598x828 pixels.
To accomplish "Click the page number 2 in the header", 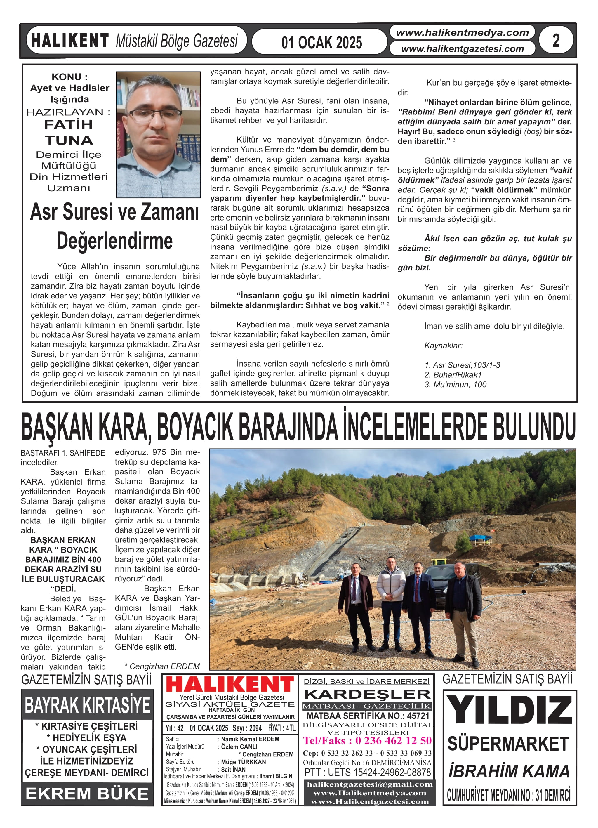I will click(x=556, y=40).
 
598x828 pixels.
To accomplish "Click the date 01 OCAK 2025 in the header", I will click(x=321, y=43).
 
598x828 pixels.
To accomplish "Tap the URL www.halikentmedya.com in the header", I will click(x=462, y=32).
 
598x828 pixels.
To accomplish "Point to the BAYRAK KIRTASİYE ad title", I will click(x=87, y=705).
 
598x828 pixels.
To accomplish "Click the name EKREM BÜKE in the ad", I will click(x=87, y=794).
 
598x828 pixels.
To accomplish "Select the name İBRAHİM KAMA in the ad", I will click(x=509, y=771).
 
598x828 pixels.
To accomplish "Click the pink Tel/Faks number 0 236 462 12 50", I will click(x=367, y=740).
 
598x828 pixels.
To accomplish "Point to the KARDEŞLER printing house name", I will click(x=367, y=695).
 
